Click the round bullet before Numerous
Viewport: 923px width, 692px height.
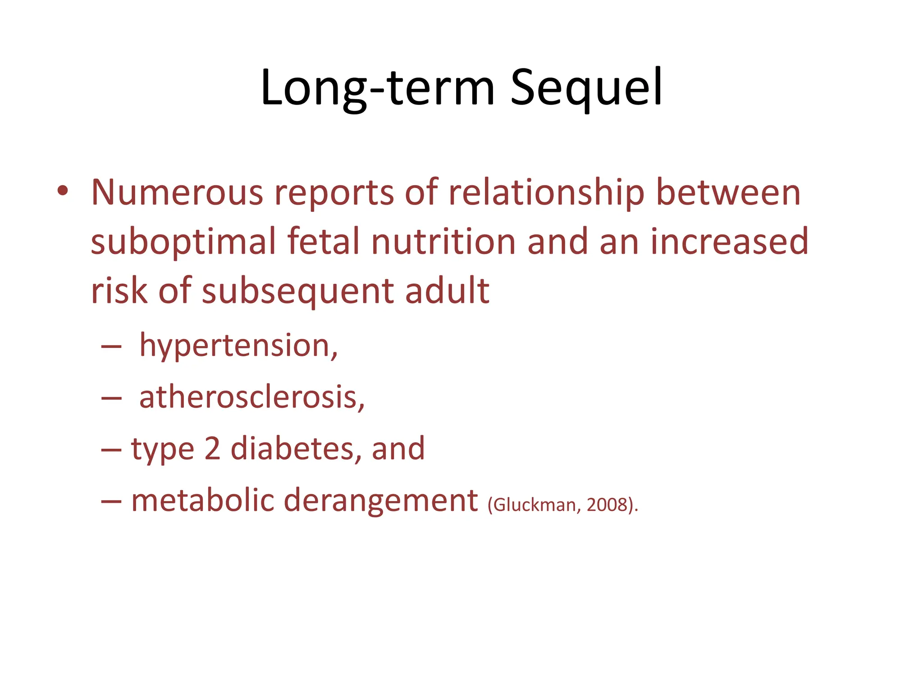[63, 191]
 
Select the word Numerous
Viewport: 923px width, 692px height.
[177, 193]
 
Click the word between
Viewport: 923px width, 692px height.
[728, 193]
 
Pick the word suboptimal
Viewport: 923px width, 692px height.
[183, 242]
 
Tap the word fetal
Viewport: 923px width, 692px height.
[324, 242]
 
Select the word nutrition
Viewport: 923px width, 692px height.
[443, 242]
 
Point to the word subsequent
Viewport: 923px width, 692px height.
[297, 292]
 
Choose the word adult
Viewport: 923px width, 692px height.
[447, 291]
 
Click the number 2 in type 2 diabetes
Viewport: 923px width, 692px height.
[212, 449]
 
